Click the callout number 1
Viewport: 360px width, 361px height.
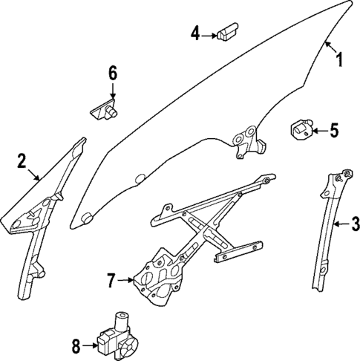340,59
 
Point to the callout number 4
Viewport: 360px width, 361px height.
195,33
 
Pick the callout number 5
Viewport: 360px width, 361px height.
333,131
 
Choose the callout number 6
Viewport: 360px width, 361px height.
113,73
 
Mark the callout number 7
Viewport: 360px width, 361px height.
113,281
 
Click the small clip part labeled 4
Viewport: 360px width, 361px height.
226,32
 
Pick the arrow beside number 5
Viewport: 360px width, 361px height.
316,131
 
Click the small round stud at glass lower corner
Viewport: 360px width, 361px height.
86,218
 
